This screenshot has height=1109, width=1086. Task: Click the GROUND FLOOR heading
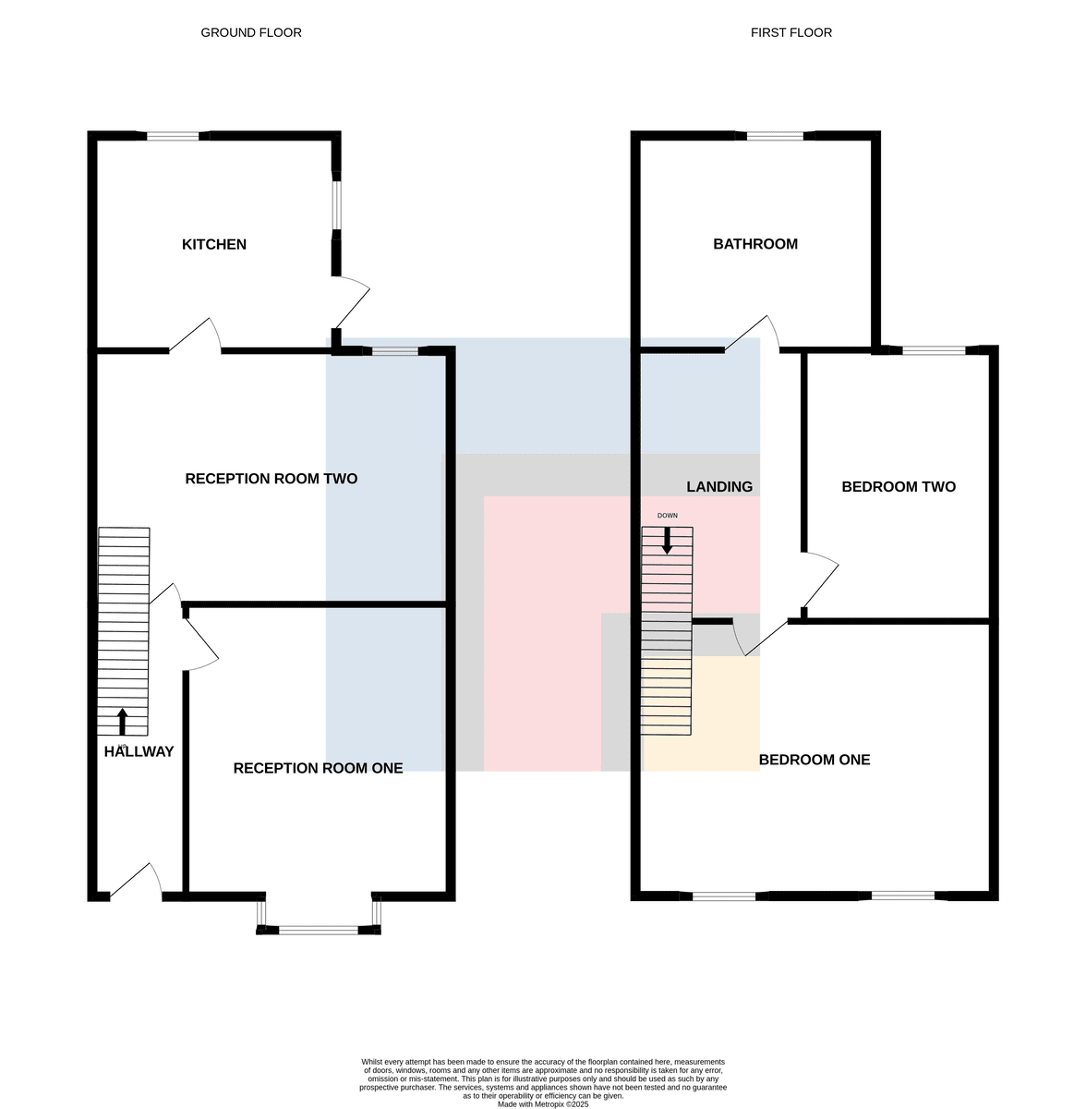pos(251,32)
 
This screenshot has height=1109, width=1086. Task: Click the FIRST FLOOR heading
pos(790,32)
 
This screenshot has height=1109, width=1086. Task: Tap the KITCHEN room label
pos(214,245)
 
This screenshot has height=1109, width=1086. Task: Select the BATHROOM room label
pos(755,244)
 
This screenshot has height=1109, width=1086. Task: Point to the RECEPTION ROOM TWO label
pos(271,479)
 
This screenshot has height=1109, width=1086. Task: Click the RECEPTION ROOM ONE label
pos(318,768)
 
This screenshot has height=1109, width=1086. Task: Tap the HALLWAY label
pos(139,751)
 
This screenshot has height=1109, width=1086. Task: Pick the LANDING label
pos(719,487)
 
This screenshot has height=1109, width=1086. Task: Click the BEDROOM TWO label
pos(899,487)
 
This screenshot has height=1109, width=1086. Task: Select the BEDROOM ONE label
pos(814,760)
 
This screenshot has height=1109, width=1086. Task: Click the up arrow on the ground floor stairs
pos(122,722)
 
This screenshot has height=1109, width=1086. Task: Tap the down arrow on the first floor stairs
pos(667,541)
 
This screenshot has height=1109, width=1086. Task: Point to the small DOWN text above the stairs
pos(668,516)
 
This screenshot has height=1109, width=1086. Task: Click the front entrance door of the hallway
pos(137,882)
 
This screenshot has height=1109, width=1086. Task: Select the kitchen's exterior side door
pos(352,303)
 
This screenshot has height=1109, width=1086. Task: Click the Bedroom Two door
pos(821,581)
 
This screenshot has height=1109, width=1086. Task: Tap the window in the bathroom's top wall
pos(775,137)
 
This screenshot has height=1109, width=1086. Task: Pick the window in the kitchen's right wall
pos(336,205)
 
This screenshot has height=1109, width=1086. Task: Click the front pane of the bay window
pos(319,930)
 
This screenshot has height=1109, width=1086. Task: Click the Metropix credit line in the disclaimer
pos(543,1104)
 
